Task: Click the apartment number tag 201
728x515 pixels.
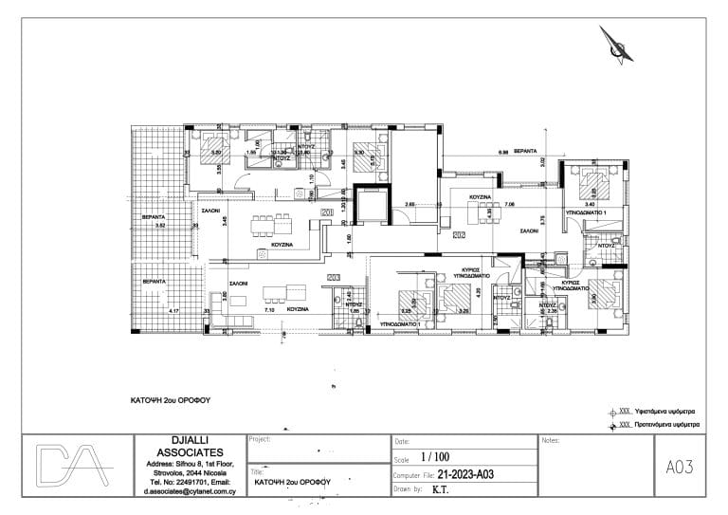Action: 327,213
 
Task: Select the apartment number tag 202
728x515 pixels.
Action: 459,234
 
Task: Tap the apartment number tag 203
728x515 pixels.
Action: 333,277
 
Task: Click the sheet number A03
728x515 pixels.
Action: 681,467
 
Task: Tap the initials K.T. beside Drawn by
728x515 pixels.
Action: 441,489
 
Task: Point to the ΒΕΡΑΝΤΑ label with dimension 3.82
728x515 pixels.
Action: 154,216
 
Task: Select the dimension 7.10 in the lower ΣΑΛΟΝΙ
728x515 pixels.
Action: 268,309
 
